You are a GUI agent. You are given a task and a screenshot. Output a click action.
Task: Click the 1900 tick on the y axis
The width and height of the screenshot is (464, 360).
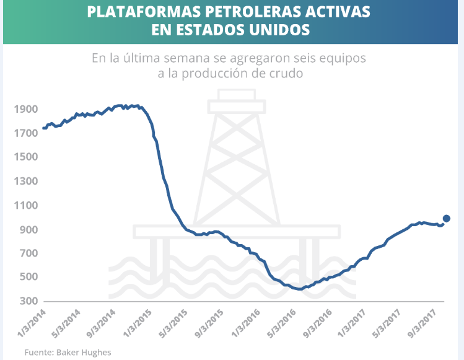[x=25, y=109]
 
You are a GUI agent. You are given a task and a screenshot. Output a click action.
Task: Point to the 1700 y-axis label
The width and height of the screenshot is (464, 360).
[x=25, y=133]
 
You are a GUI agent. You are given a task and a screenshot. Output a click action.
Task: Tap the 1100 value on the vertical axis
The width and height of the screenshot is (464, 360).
[x=25, y=205]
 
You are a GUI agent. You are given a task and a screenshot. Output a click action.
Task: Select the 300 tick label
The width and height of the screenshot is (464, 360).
[x=27, y=301]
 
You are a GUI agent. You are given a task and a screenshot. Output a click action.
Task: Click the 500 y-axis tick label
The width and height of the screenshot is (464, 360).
[x=27, y=277]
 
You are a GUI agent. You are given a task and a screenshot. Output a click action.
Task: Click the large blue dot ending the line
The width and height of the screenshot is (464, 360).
[x=446, y=218]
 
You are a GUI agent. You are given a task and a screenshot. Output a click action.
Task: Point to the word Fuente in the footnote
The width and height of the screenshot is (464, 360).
[x=38, y=352]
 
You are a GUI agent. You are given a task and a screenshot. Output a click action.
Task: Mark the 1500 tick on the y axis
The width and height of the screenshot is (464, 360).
[x=25, y=157]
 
